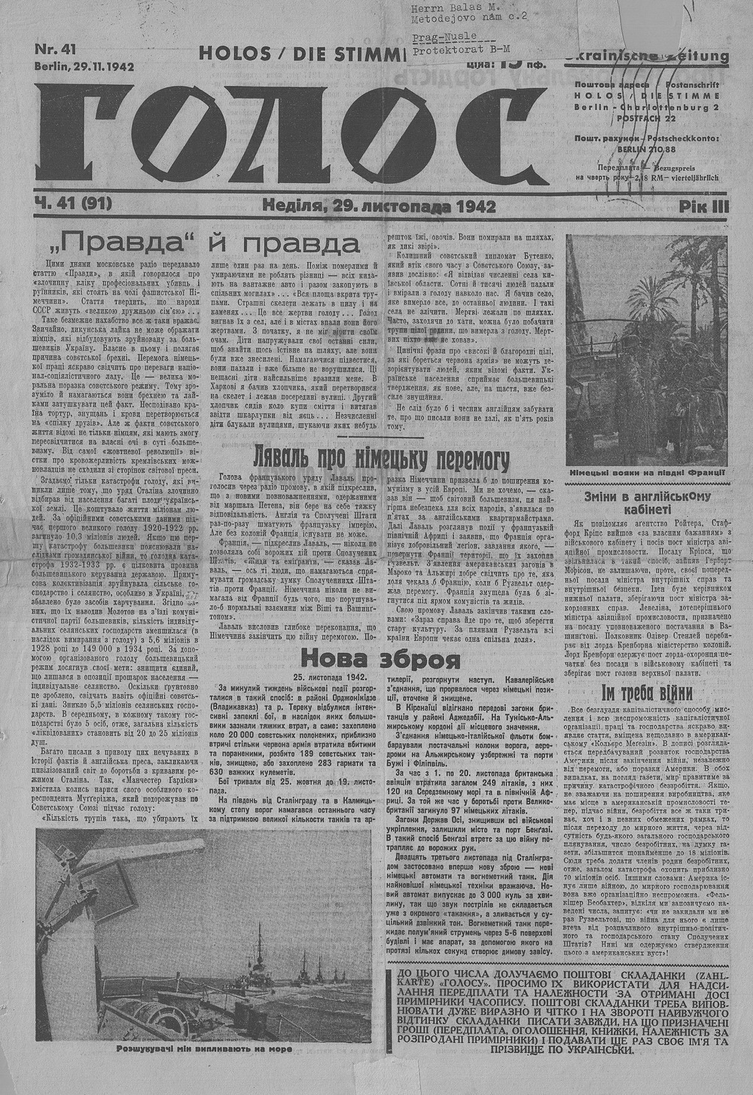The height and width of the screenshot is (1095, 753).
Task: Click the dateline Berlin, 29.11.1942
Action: pyautogui.click(x=84, y=66)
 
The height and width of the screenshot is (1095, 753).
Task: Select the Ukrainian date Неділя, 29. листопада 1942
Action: pyautogui.click(x=380, y=205)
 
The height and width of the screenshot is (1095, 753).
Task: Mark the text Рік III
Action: pyautogui.click(x=703, y=206)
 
